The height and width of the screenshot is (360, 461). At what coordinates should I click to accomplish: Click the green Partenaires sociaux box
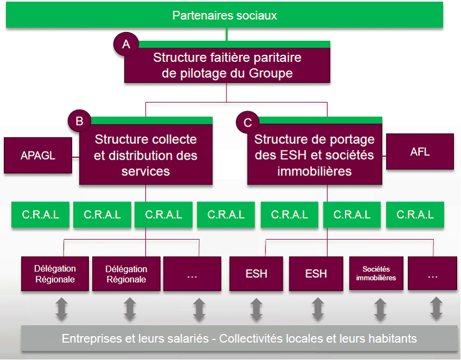(224, 15)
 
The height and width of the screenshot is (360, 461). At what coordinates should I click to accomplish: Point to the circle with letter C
(248, 123)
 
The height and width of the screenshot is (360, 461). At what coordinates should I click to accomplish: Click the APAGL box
(38, 155)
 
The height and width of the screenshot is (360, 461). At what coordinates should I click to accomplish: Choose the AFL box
(420, 152)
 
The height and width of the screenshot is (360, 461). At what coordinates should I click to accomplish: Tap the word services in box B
(146, 171)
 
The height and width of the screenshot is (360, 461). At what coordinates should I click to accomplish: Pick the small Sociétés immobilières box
(376, 274)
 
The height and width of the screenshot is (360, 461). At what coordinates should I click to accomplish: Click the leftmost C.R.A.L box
(41, 215)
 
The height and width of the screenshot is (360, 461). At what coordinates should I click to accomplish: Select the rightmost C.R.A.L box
(415, 215)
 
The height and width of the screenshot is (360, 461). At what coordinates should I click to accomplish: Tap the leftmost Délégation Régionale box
(55, 274)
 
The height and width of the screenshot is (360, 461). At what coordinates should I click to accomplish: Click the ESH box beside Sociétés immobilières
(316, 274)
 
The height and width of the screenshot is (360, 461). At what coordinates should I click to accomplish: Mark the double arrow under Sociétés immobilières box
(379, 308)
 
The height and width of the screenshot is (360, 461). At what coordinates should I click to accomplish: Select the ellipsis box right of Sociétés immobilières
(432, 274)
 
